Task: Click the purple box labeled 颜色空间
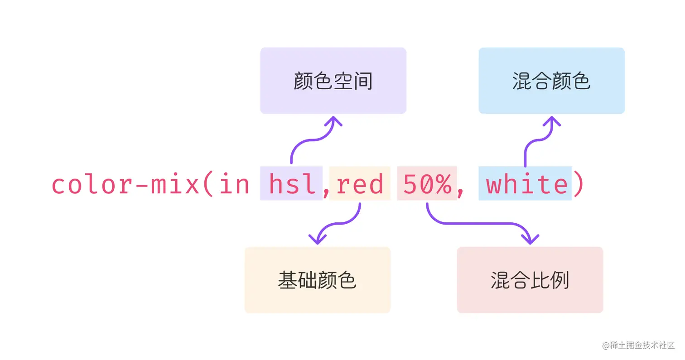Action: pos(333,81)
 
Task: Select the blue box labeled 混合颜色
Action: pos(551,81)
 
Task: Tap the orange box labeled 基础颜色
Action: pos(317,280)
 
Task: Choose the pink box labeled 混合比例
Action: pos(530,280)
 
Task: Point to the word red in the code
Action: pos(360,184)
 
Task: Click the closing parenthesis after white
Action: pos(579,184)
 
